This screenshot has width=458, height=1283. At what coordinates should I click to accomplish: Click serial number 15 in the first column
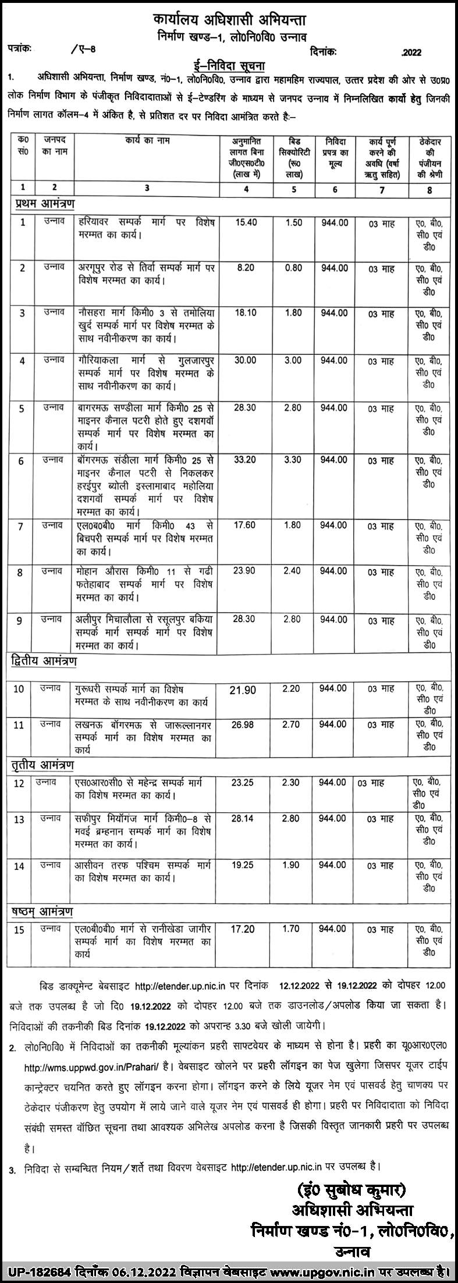point(20,930)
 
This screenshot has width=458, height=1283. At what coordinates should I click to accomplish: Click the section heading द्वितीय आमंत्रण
point(44,662)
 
